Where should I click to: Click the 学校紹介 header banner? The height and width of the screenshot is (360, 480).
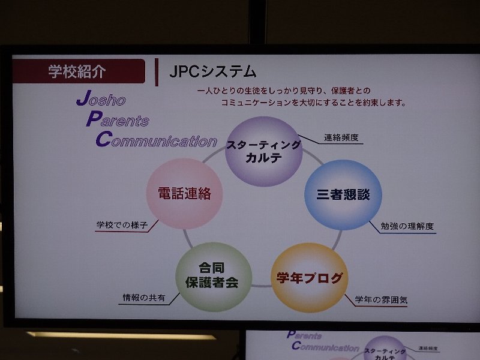79,71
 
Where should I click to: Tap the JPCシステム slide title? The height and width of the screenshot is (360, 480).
213,71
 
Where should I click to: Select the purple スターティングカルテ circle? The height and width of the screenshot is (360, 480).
263,152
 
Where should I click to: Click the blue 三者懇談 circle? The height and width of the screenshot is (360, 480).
343,194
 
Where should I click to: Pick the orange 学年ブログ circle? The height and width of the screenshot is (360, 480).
310,278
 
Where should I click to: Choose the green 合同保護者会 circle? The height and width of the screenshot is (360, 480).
214,277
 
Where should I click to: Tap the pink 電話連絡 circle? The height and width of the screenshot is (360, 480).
184,193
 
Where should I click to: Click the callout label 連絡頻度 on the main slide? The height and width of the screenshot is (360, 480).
341,138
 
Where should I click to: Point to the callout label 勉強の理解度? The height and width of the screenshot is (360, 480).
407,226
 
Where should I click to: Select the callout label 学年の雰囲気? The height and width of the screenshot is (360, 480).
381,299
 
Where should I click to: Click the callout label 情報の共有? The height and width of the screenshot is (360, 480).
143,297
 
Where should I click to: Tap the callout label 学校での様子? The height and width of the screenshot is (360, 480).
122,225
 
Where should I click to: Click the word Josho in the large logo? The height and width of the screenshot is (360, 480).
101,98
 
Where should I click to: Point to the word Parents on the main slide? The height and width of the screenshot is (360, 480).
118,119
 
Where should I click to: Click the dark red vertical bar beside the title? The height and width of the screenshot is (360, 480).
157,72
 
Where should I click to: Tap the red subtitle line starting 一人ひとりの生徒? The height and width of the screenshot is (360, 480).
284,91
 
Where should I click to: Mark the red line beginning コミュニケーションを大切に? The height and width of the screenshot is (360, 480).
313,102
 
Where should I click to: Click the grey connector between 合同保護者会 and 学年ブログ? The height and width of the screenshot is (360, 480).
262,286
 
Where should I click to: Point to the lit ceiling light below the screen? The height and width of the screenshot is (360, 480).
122,335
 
